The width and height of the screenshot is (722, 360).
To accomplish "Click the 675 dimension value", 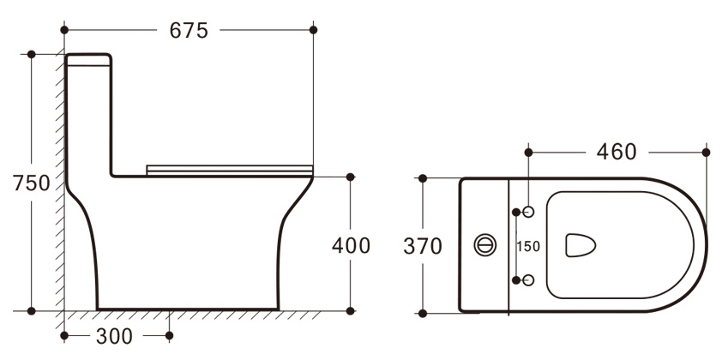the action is pyautogui.click(x=189, y=31).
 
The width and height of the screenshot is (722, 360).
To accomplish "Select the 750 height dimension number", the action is pyautogui.click(x=32, y=183).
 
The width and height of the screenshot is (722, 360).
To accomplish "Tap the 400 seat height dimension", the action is pyautogui.click(x=351, y=246).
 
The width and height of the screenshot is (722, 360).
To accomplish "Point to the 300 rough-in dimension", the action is pyautogui.click(x=114, y=337).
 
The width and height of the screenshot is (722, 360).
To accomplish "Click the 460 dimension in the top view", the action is pyautogui.click(x=617, y=152).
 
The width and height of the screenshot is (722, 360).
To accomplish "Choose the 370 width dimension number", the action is pyautogui.click(x=423, y=246).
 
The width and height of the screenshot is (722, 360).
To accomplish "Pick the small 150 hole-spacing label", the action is pyautogui.click(x=528, y=247).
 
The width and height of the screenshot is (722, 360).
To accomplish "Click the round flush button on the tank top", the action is pyautogui.click(x=485, y=245).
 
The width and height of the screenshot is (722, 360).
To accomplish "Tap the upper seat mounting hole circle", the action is pyautogui.click(x=528, y=212).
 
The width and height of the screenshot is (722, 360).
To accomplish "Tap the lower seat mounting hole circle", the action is pyautogui.click(x=528, y=280).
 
